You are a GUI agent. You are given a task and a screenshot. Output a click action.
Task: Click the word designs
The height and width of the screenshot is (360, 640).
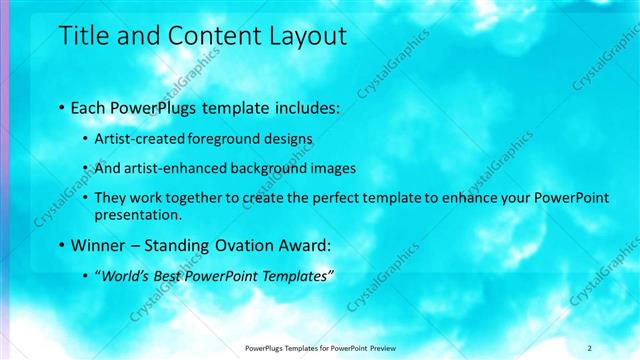tap(287, 139)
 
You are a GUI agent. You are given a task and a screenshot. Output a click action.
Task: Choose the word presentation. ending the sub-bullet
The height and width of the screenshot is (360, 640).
tap(138, 214)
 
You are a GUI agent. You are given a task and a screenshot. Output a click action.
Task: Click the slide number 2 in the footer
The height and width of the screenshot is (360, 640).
tap(590, 347)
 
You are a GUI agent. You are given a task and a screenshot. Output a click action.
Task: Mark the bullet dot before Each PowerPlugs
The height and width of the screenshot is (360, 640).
tap(62, 107)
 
